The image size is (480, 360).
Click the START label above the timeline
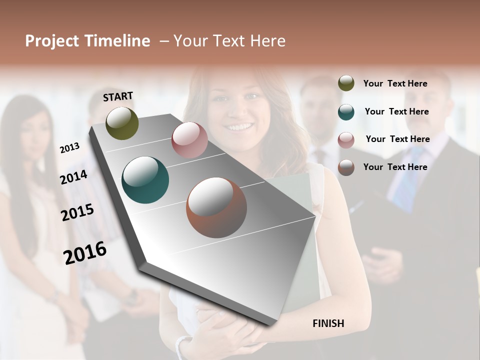(x=118, y=96)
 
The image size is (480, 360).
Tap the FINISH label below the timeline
(x=328, y=323)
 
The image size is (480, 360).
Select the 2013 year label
(x=69, y=147)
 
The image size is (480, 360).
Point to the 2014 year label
(x=73, y=177)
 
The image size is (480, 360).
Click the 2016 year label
(x=85, y=253)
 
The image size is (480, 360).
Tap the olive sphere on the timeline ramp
(x=122, y=123)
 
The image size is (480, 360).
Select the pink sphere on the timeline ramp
(x=189, y=140)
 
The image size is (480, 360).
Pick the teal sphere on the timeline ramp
(x=145, y=180)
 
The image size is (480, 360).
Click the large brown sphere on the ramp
(x=216, y=207)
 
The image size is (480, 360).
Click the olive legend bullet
(x=346, y=83)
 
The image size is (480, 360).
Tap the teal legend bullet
(x=346, y=112)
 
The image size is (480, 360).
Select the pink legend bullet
(x=346, y=140)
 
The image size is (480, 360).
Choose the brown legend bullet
(x=346, y=167)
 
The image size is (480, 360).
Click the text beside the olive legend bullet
(x=395, y=83)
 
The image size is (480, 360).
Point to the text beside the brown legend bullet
(x=395, y=167)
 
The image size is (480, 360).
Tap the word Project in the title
(x=52, y=41)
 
